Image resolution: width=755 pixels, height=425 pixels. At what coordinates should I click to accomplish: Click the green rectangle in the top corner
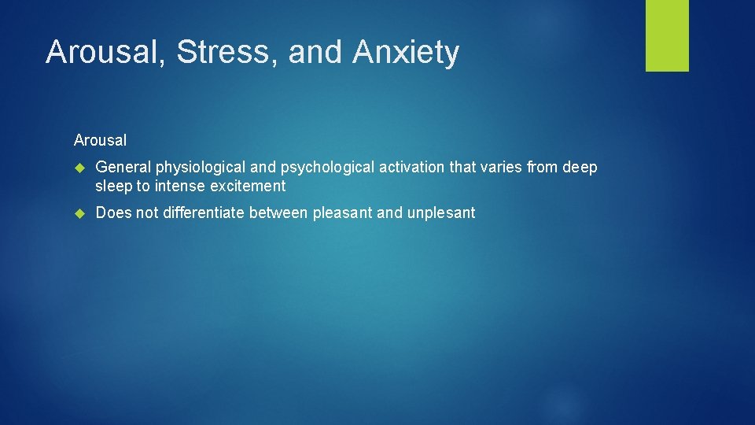click(667, 35)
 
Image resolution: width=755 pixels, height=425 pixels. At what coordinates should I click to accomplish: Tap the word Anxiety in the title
click(406, 53)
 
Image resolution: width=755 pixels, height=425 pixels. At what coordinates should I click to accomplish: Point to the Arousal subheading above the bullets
click(100, 140)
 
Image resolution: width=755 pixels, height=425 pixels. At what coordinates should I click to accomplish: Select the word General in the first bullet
click(123, 168)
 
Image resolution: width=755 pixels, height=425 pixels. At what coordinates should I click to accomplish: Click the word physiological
click(200, 168)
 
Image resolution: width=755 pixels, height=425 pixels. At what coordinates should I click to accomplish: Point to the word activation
click(406, 168)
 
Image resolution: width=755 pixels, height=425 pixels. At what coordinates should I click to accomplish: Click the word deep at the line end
click(579, 168)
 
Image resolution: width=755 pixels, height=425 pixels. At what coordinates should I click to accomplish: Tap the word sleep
click(113, 187)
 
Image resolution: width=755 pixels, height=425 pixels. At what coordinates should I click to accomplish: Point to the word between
click(279, 213)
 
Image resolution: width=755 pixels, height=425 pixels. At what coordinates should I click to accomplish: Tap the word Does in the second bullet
click(113, 213)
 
